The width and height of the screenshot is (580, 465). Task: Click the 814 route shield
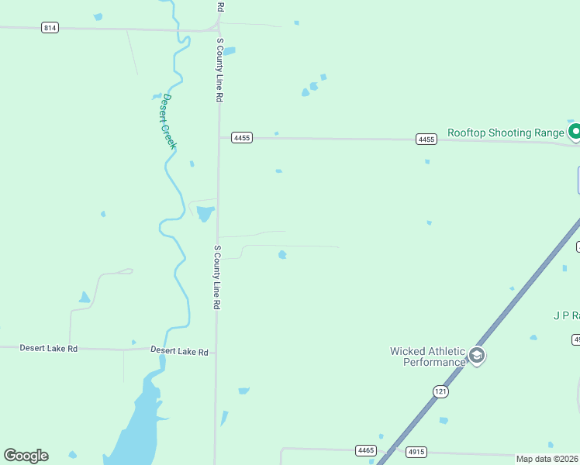[x=50, y=28]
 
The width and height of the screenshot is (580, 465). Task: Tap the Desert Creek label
[x=168, y=122]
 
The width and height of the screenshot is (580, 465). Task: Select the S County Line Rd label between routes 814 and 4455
[x=220, y=71]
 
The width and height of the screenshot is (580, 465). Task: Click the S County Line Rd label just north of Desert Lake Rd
[x=217, y=278]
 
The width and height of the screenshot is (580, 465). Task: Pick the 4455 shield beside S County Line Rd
[x=242, y=138]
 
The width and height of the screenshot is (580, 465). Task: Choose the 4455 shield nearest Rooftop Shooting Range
[x=426, y=139]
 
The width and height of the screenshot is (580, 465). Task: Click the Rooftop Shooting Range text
[x=506, y=133]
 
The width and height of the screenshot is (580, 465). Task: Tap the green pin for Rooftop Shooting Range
[x=575, y=132]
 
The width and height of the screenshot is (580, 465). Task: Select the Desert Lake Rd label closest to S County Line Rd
[x=180, y=352]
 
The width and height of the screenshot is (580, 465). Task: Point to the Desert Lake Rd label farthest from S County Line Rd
[x=49, y=349]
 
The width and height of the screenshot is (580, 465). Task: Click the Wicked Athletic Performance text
[x=426, y=356]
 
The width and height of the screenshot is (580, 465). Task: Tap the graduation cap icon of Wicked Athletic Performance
[x=476, y=356]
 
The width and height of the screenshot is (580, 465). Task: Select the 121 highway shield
[x=440, y=391]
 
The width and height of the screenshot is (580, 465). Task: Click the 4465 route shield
[x=366, y=450]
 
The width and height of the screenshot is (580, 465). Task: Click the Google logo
[x=26, y=456]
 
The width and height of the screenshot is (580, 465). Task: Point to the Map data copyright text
[x=547, y=459]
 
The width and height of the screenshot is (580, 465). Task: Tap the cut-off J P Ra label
[x=566, y=315]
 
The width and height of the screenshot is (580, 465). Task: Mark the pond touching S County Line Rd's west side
[x=205, y=213]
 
